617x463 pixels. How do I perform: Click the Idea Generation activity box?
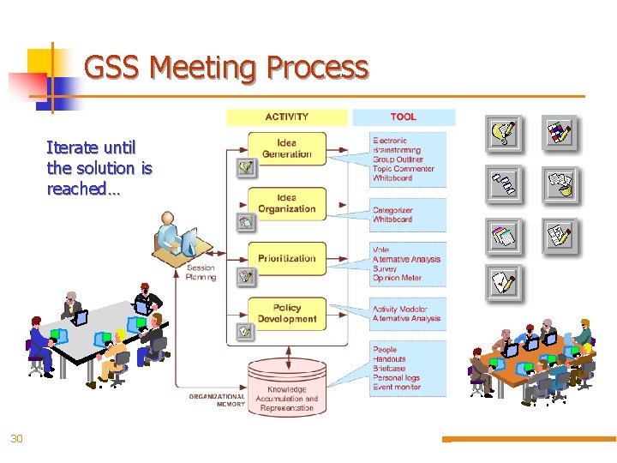pyautogui.click(x=286, y=149)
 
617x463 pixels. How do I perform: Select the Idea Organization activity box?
pyautogui.click(x=286, y=204)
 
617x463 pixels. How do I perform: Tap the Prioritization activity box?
pyautogui.click(x=286, y=258)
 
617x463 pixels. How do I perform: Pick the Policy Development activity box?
pyautogui.click(x=286, y=314)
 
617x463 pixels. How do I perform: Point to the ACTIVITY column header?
pyautogui.click(x=287, y=117)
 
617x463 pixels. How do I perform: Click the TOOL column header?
pyautogui.click(x=403, y=117)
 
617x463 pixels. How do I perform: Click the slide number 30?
pyautogui.click(x=16, y=439)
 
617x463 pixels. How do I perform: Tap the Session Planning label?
pyautogui.click(x=201, y=272)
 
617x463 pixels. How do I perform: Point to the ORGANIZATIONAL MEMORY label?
pyautogui.click(x=217, y=400)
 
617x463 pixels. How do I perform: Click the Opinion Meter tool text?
pyautogui.click(x=397, y=278)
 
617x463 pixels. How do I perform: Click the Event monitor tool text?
pyautogui.click(x=397, y=387)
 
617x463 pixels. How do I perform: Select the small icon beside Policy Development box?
pyautogui.click(x=246, y=329)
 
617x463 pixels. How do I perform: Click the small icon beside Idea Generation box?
pyautogui.click(x=246, y=167)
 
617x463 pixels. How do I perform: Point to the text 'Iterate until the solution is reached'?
pyautogui.click(x=99, y=168)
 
